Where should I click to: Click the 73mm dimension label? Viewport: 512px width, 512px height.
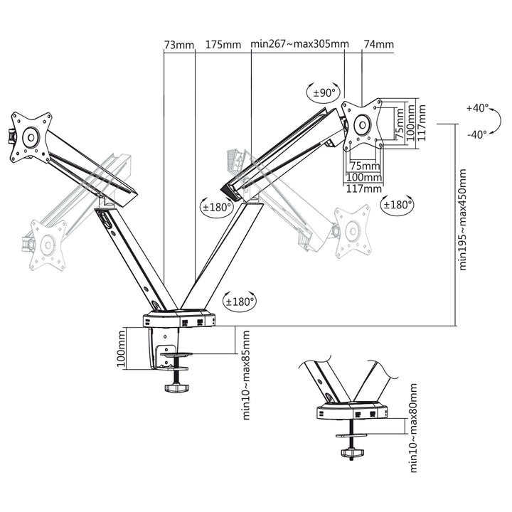tap(178, 45)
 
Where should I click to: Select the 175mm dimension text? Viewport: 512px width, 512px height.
tap(223, 45)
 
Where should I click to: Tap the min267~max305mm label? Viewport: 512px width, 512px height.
tap(299, 45)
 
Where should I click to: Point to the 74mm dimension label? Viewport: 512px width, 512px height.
tap(378, 45)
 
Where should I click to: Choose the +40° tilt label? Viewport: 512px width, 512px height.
tap(479, 109)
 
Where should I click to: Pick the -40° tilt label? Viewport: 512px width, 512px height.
tap(477, 134)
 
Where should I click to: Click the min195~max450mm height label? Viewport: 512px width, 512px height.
tap(463, 220)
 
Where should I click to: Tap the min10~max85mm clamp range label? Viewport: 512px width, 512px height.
tap(246, 374)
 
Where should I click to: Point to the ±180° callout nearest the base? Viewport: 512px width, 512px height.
tap(240, 301)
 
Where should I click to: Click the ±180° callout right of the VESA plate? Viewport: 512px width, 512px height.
tap(398, 205)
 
